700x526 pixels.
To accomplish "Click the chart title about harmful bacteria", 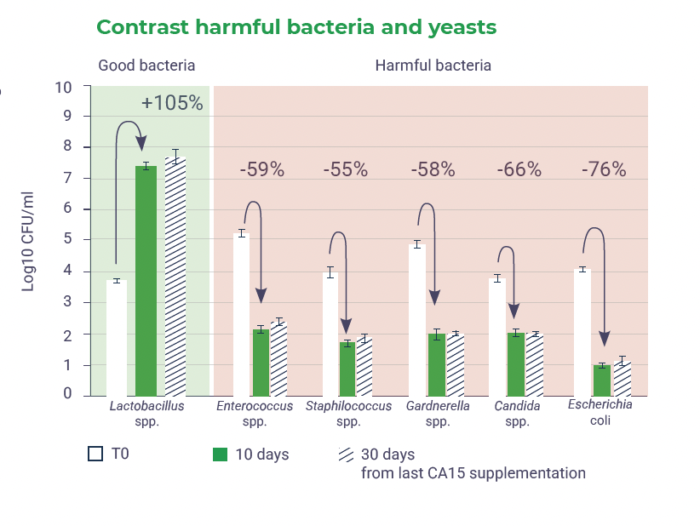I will pos(295,27).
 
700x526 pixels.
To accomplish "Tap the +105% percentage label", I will pos(172,103).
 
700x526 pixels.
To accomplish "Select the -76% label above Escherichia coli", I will pos(604,169).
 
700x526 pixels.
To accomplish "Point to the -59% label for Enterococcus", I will pos(261,169).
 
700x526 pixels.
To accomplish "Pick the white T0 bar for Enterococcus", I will pos(241,314).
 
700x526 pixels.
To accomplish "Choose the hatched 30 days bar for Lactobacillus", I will pos(175,276).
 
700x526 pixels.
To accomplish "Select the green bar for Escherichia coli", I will pos(602,380).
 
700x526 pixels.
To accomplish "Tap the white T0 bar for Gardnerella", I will pos(417,320).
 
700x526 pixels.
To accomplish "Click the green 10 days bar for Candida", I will pos(516,363).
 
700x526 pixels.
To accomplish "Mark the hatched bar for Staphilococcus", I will pos(364,367).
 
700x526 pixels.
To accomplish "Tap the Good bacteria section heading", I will pos(146,66).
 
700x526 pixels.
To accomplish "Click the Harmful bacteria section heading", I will pos(433,66).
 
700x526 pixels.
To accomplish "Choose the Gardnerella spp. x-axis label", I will pos(438,414).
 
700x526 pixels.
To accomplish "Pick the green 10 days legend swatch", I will pos(220,455).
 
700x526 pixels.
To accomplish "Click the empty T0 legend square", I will pos(95,454).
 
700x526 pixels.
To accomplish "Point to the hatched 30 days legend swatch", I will pos(346,454).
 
